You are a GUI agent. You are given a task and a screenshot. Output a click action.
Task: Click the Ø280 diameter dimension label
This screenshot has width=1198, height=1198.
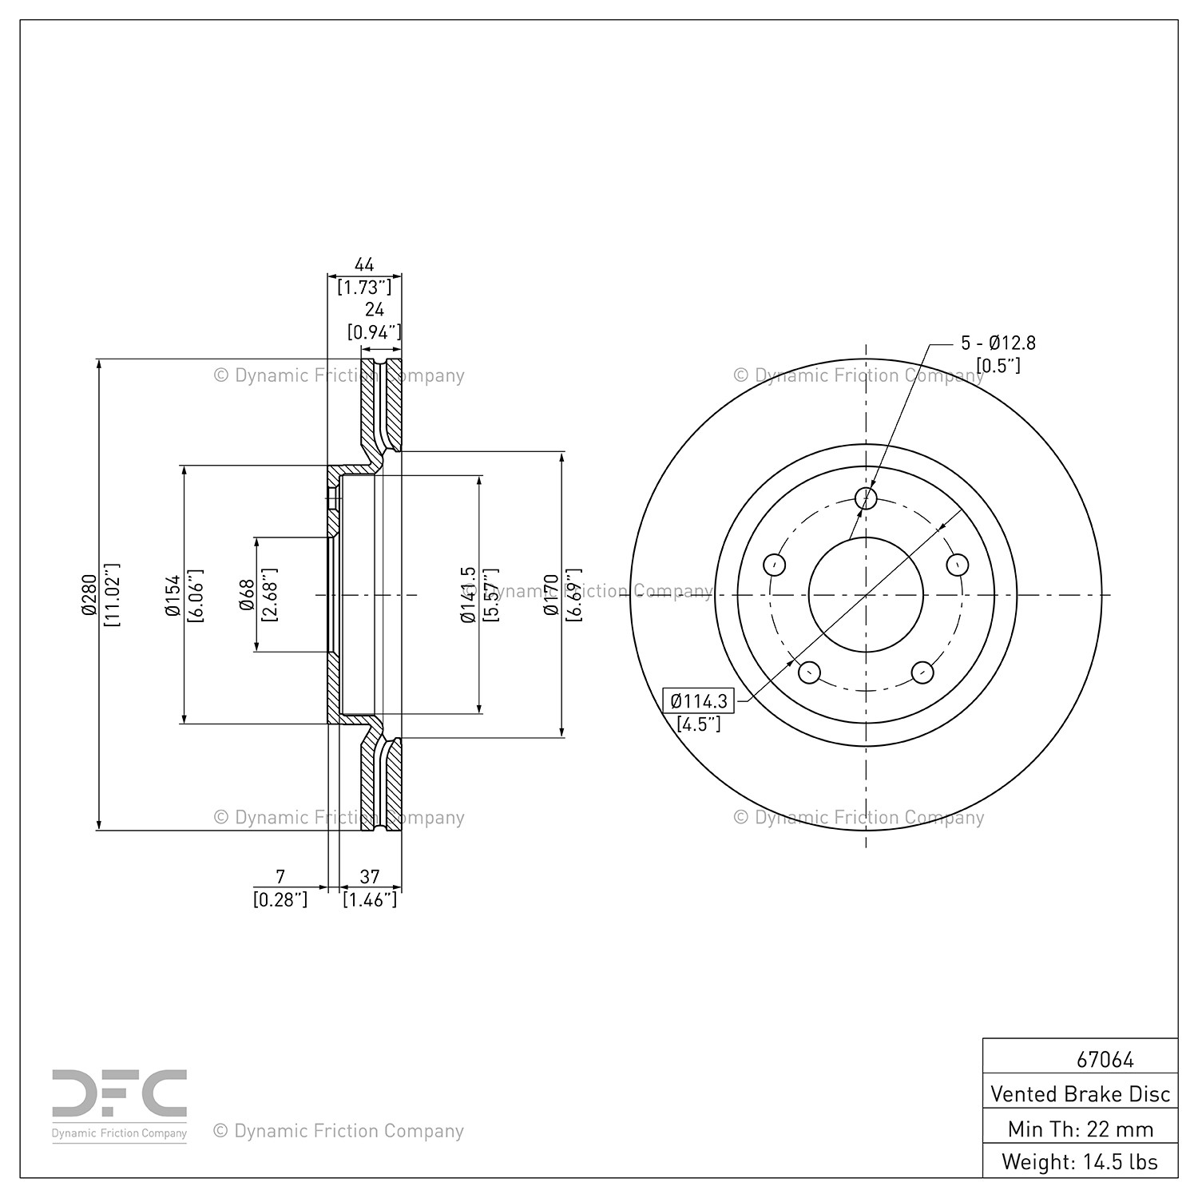(x=89, y=595)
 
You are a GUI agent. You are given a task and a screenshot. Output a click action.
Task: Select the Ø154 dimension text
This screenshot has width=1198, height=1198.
(x=173, y=595)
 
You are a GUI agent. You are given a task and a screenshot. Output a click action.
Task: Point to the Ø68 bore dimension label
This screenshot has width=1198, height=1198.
(x=247, y=595)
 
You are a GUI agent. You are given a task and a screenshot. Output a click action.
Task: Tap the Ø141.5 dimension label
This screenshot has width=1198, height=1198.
(x=468, y=595)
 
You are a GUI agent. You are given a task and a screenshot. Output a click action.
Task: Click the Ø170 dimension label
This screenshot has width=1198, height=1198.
(x=550, y=595)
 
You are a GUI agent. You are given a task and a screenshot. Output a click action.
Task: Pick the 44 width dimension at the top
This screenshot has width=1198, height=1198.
(x=364, y=264)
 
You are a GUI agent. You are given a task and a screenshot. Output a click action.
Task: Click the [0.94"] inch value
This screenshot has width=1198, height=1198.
(x=374, y=331)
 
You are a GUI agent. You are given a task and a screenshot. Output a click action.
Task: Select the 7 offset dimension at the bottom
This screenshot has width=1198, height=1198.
(x=280, y=877)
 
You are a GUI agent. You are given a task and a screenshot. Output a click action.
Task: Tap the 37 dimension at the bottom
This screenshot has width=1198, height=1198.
(x=369, y=877)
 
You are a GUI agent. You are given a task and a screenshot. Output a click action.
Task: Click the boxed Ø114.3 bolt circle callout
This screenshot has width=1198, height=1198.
(x=700, y=701)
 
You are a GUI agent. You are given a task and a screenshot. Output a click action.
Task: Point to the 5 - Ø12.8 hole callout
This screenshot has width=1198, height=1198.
(x=998, y=343)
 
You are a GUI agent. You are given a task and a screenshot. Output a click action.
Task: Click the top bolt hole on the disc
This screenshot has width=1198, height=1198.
(x=867, y=498)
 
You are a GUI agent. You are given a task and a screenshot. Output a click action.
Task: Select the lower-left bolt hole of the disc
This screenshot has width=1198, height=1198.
(x=810, y=672)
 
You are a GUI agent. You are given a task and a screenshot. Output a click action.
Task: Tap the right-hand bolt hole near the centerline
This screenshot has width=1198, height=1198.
(x=958, y=565)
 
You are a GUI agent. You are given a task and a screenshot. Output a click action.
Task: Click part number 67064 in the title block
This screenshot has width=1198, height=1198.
(x=1105, y=1059)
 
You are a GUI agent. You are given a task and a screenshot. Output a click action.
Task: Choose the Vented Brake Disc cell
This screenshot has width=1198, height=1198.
(x=1081, y=1093)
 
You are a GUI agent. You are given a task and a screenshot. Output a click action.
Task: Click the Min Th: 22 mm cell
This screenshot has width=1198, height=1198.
(x=1081, y=1129)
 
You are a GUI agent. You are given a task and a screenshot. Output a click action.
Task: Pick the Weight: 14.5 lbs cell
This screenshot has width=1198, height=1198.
(x=1081, y=1161)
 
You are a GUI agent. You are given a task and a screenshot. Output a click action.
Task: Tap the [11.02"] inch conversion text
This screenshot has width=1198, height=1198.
(x=113, y=595)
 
